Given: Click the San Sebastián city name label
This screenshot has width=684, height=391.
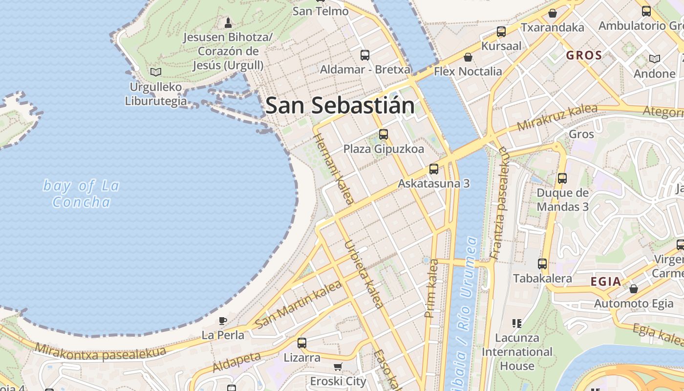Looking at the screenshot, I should [340, 106].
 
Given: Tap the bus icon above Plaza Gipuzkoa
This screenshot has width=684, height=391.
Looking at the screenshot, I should [384, 134].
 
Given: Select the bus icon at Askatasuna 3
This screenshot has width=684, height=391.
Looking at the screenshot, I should [433, 169].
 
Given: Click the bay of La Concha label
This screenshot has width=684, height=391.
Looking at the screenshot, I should [81, 194].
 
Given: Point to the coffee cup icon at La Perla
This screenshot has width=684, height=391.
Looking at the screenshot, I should [223, 321].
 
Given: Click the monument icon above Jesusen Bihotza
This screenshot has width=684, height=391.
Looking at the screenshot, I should [228, 22].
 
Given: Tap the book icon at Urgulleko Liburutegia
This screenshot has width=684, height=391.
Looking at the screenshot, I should [156, 72].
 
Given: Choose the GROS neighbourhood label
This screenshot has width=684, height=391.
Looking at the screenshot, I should [584, 55].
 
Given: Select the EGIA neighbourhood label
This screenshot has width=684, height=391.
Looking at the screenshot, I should [606, 282].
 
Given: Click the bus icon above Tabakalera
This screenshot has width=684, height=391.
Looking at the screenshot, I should [542, 264].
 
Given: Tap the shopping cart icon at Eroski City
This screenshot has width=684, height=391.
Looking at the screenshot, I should [338, 367].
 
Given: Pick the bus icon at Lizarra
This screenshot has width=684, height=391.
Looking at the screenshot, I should [302, 343].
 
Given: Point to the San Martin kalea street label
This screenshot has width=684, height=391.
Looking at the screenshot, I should [298, 304].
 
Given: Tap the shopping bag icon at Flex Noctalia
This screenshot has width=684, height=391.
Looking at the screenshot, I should [468, 57].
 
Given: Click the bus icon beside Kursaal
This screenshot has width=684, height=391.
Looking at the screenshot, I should [501, 32].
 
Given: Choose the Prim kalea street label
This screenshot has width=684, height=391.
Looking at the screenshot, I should [432, 288].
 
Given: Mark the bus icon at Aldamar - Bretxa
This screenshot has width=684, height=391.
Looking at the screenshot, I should [365, 55].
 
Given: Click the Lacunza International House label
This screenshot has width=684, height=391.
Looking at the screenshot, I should [517, 352].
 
